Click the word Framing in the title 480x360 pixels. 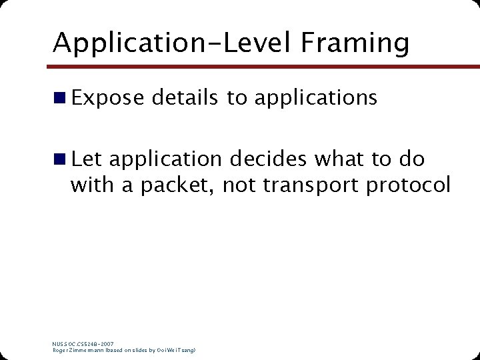coord(355,43)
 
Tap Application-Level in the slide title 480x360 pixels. coord(173,43)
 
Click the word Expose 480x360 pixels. coord(107,98)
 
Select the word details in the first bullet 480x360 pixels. coord(185,98)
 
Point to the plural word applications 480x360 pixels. coord(315,99)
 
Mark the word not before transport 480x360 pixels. coord(239,185)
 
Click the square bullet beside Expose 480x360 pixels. coord(60,98)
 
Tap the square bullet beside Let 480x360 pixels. coord(60,159)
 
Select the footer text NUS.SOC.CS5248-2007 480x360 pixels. coord(83,344)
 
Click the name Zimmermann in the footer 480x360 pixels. coord(88,350)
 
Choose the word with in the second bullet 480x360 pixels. coord(92,185)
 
